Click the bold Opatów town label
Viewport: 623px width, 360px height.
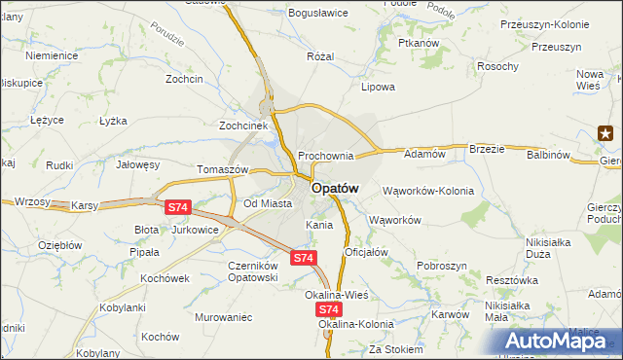tap(336, 188)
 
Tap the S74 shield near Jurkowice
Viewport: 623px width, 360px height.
tap(177, 207)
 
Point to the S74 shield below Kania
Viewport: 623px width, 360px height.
tap(304, 258)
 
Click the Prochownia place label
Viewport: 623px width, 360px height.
tap(325, 156)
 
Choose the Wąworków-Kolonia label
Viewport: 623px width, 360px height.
tap(427, 191)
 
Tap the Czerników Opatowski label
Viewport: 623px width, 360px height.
tap(239, 271)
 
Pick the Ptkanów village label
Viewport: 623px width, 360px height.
tap(420, 45)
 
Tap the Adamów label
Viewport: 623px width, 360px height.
tap(424, 154)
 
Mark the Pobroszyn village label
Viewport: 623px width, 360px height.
tap(444, 266)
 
